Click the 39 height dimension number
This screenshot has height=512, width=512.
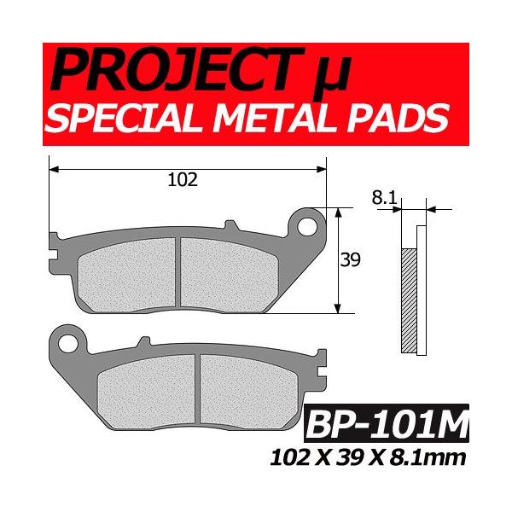350,261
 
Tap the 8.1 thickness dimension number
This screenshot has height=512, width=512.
383,198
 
